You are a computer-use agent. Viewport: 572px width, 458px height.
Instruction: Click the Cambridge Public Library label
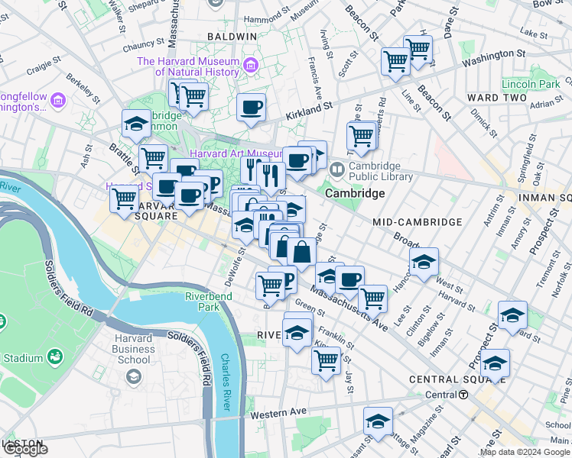click(x=381, y=171)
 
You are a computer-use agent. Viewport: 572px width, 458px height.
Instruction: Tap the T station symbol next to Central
click(x=463, y=395)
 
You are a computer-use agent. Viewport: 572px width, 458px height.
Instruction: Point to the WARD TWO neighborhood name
click(x=497, y=98)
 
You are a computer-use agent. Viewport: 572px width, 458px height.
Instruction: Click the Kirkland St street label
click(x=310, y=113)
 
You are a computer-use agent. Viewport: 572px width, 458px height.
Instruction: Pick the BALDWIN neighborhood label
click(x=235, y=37)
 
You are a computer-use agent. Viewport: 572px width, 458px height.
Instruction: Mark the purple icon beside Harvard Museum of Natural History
click(x=249, y=62)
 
